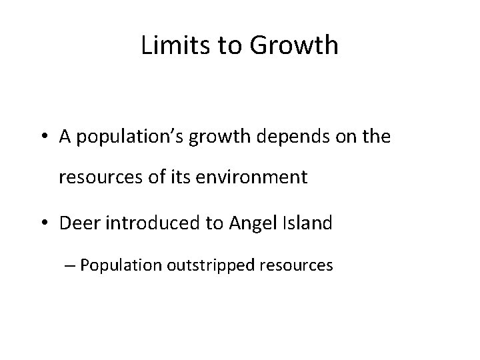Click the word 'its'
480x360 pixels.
[170, 178]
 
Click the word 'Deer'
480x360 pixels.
[77, 223]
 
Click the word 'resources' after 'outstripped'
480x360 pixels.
[297, 265]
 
